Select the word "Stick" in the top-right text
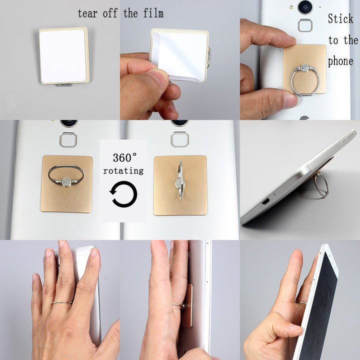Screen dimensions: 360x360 pyautogui.click(x=340, y=19)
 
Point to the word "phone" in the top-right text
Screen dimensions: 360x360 pyautogui.click(x=340, y=61)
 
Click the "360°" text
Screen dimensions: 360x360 pyautogui.click(x=123, y=157)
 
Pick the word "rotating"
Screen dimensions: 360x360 pyautogui.click(x=123, y=171)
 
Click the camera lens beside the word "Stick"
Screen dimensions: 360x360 pyautogui.click(x=304, y=6)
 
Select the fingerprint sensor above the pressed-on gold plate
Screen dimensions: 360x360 pyautogui.click(x=305, y=25)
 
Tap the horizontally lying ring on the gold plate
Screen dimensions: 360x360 pyautogui.click(x=66, y=175)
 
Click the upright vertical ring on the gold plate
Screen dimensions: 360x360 pyautogui.click(x=180, y=180)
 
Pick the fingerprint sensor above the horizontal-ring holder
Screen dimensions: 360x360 pyautogui.click(x=68, y=139)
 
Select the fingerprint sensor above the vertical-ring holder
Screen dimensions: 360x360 pyautogui.click(x=179, y=139)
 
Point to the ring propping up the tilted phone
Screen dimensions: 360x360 pyautogui.click(x=320, y=184)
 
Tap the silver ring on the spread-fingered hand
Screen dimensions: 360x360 pyautogui.click(x=62, y=302)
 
